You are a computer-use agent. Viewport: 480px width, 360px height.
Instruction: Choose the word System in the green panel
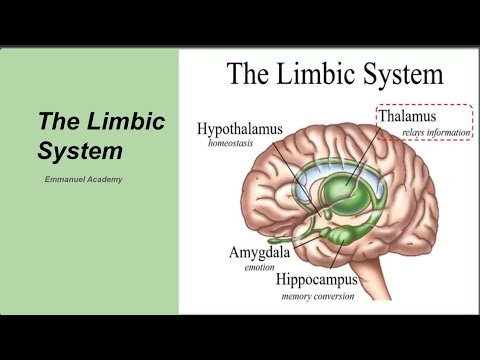pos(80,153)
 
